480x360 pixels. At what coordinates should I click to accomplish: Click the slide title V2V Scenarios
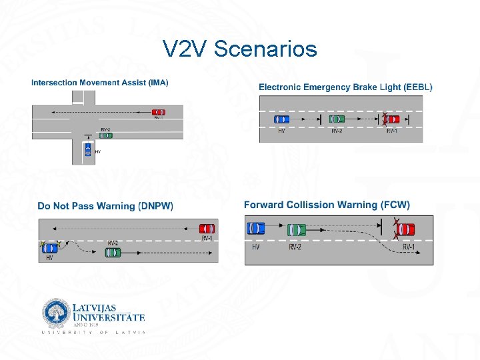point(240,49)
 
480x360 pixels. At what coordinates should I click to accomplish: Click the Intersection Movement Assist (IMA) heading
point(99,83)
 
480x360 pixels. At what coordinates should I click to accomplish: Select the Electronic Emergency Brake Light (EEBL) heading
point(345,87)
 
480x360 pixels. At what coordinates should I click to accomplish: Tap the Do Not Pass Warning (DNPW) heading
point(105,206)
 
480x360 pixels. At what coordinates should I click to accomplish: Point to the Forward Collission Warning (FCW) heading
point(327,205)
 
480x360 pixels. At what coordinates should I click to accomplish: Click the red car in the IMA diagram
point(158,112)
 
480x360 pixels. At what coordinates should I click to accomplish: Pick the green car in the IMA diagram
point(105,135)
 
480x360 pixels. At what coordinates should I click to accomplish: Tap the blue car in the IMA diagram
point(87,150)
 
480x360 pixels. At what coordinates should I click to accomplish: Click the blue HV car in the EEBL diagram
point(281,119)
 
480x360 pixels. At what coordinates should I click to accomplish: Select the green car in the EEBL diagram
point(337,119)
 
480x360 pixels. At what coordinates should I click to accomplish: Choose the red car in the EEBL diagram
point(391,119)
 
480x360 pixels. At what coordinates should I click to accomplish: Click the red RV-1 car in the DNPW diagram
point(207,228)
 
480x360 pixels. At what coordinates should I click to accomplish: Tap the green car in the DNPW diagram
point(113,253)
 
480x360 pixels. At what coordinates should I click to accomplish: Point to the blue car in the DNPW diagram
point(49,248)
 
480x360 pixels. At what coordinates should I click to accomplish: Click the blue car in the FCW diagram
point(255,229)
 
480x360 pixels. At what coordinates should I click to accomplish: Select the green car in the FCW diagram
point(296,230)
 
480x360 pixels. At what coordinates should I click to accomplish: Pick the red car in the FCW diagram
point(405,229)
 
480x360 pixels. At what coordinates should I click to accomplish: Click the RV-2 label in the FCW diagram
point(295,247)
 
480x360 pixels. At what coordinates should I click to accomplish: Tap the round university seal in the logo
point(55,313)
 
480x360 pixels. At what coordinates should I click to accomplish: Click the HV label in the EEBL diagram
point(281,131)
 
